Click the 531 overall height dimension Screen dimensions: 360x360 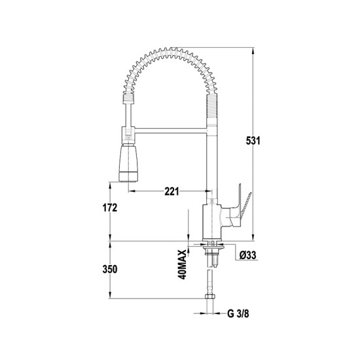(253, 141)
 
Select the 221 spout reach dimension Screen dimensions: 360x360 (171, 191)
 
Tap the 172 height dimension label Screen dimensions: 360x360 (110, 207)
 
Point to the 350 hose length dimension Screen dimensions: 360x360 (110, 269)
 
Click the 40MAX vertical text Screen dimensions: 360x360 (182, 264)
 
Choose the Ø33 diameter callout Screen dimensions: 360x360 (247, 255)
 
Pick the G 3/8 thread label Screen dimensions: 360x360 (238, 314)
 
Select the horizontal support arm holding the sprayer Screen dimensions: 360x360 (171, 131)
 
